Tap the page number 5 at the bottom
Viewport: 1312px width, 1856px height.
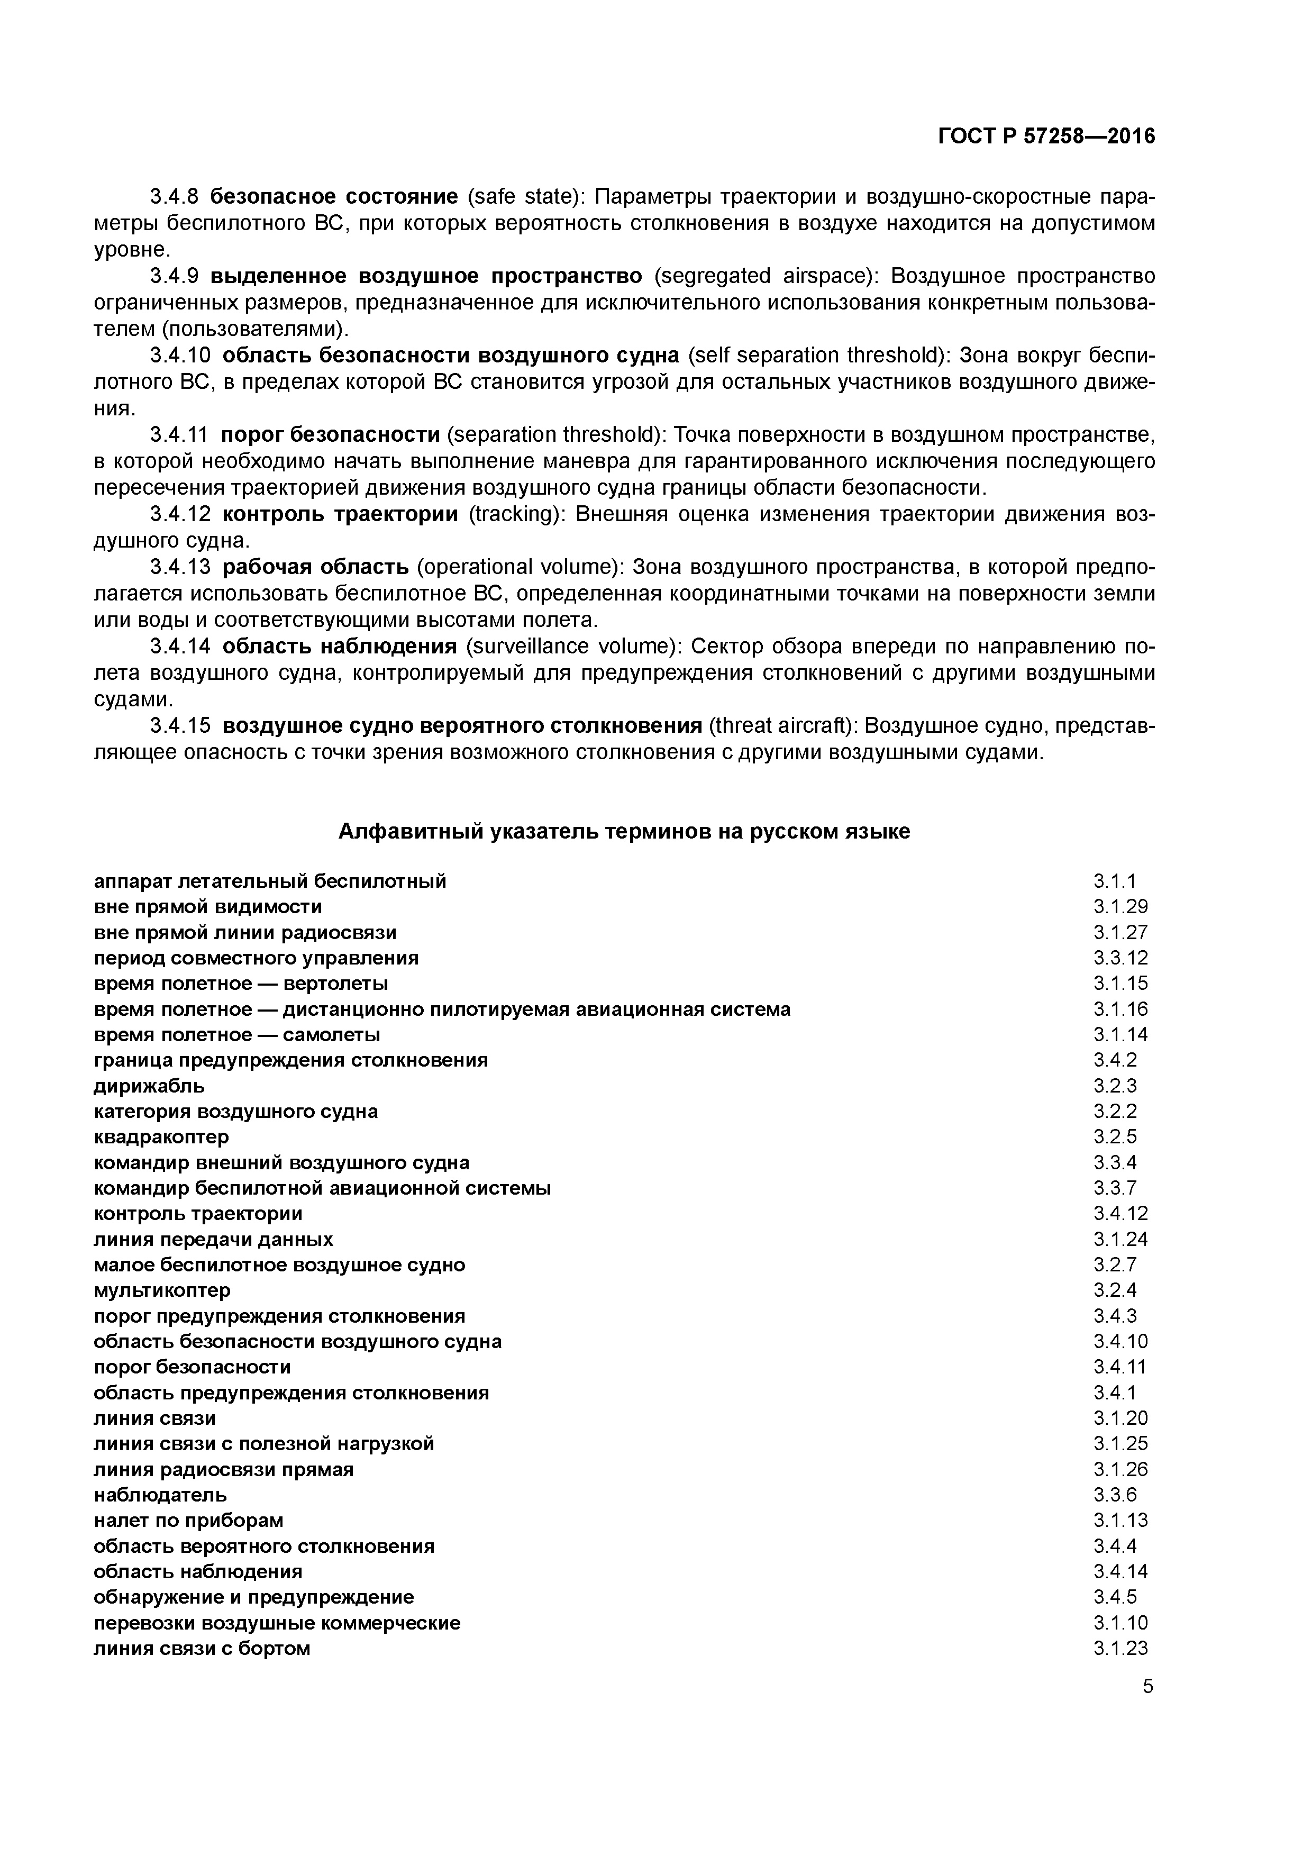[x=1148, y=1686]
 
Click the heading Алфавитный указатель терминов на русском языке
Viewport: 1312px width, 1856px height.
[x=623, y=831]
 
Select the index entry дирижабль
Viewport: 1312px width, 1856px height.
[x=150, y=1085]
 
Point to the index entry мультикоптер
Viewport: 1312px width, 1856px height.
[x=162, y=1290]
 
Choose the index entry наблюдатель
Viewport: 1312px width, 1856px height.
[x=160, y=1495]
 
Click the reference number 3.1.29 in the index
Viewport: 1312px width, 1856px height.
[x=1120, y=906]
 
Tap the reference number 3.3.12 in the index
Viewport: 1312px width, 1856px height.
[x=1120, y=958]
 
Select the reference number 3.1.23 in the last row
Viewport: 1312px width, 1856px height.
[x=1120, y=1648]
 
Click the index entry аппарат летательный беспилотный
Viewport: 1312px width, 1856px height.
[x=270, y=880]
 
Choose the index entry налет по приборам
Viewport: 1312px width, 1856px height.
[x=188, y=1521]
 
